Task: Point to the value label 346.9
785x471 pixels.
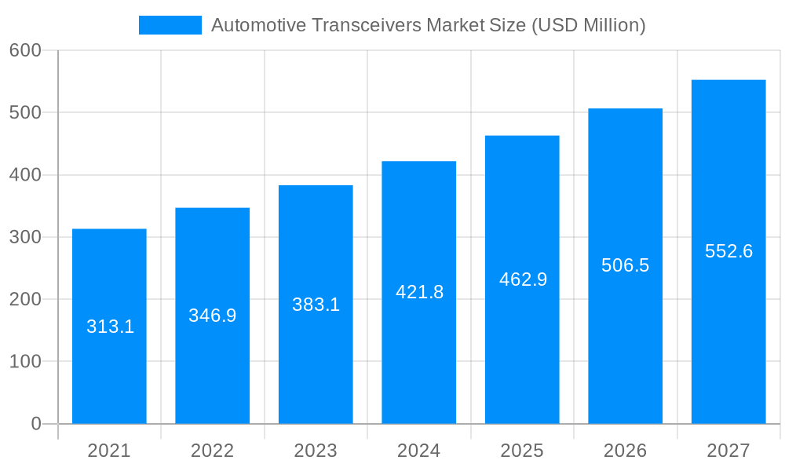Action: [x=212, y=316]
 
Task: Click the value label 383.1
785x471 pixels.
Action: [x=316, y=305]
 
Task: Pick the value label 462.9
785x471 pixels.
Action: [x=523, y=279]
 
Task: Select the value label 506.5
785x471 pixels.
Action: [x=625, y=265]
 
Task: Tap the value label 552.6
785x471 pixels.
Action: [x=728, y=251]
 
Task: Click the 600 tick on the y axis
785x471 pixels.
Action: [x=25, y=50]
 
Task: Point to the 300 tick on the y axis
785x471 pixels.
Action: [x=25, y=237]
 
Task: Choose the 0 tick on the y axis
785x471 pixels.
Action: [x=35, y=424]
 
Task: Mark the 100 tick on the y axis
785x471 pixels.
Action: [x=25, y=362]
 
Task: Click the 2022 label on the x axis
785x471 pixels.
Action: [x=212, y=451]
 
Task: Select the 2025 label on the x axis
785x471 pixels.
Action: [x=522, y=451]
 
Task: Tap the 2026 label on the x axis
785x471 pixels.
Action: [x=625, y=451]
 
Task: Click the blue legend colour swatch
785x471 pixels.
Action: [x=170, y=25]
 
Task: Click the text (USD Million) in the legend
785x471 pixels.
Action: [x=588, y=25]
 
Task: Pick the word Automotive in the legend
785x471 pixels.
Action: [x=258, y=25]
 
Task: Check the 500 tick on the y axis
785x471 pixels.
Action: [x=25, y=112]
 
